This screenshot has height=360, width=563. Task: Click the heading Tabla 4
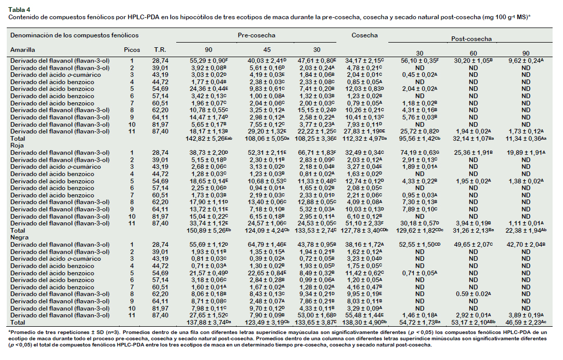(19, 10)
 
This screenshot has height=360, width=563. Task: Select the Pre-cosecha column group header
(256, 35)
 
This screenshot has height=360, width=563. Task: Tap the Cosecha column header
(364, 35)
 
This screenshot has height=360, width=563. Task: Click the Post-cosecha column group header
(471, 39)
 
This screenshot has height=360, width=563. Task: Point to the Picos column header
(132, 50)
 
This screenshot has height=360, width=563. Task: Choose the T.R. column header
(160, 50)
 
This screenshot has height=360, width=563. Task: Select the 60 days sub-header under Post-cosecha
(473, 54)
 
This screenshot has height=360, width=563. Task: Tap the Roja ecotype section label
(17, 145)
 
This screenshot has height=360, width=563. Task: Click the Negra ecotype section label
(19, 237)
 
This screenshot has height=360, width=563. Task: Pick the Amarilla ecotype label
(23, 50)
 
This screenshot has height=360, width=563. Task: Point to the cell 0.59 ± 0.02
(473, 294)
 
